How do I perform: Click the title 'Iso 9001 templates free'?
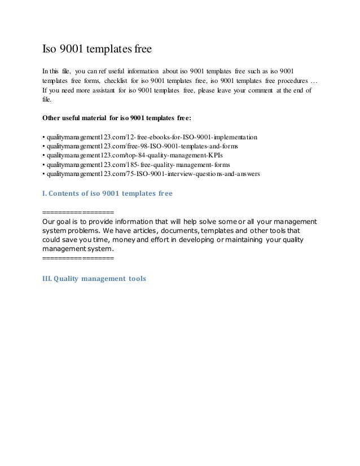(97, 50)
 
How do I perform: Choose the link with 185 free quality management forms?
(139, 165)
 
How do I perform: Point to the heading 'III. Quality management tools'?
(94, 278)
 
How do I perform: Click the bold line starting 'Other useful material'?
(117, 118)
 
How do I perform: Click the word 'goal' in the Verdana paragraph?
(68, 221)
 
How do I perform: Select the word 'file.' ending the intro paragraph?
(47, 99)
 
